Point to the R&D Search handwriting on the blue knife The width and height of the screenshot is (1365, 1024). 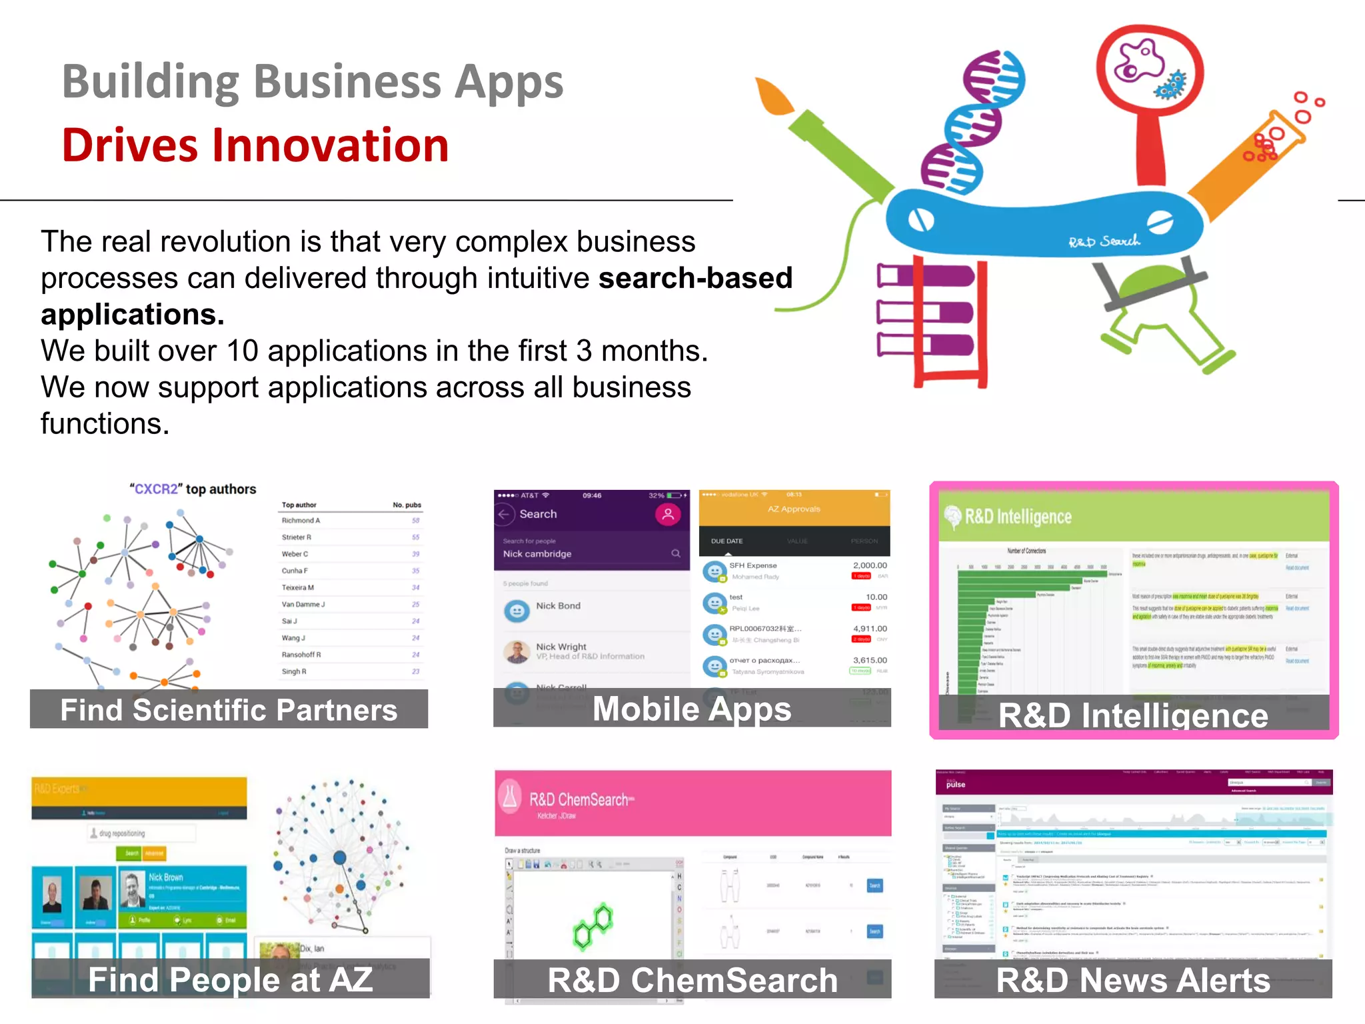1104,241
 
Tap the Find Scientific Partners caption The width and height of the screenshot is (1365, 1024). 229,709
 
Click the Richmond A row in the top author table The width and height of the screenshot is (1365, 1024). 301,521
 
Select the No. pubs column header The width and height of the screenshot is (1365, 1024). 407,505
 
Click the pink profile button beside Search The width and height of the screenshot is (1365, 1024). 667,514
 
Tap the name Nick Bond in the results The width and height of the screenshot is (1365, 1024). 558,605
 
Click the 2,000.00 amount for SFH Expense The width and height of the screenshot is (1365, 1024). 869,565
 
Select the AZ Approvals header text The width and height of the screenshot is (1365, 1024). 794,509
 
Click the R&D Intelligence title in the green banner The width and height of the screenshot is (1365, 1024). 1018,517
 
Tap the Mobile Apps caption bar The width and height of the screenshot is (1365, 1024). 692,708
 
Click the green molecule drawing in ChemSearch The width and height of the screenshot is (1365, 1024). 593,925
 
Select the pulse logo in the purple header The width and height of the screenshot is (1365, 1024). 955,784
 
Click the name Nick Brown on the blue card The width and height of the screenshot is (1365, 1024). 165,877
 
